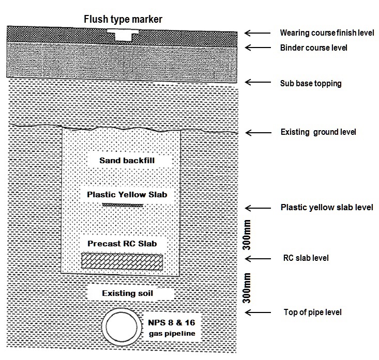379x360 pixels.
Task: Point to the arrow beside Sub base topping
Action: tap(257, 83)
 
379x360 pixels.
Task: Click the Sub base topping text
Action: tap(311, 83)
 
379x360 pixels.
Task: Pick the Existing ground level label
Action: tap(318, 132)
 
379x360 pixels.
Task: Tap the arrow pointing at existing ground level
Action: tap(257, 132)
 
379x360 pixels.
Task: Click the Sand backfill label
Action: tap(128, 161)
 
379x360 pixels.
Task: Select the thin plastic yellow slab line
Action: tap(123, 206)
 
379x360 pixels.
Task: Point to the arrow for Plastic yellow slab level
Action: tap(257, 208)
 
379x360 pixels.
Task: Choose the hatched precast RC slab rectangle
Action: tap(122, 261)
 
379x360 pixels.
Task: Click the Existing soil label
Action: tap(127, 293)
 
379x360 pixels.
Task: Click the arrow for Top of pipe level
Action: tap(257, 312)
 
